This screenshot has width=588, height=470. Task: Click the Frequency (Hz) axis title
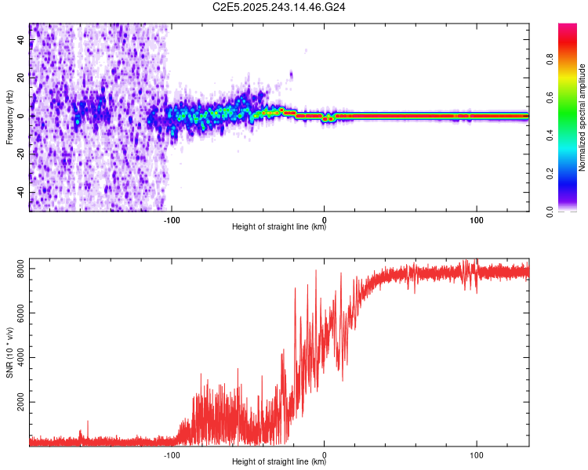pyautogui.click(x=9, y=117)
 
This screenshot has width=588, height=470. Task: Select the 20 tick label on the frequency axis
pyautogui.click(x=21, y=78)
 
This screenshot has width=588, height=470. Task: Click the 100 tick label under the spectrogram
pyautogui.click(x=476, y=219)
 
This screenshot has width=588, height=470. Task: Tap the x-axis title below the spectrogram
pyautogui.click(x=279, y=228)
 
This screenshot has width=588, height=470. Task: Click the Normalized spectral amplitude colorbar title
pyautogui.click(x=583, y=117)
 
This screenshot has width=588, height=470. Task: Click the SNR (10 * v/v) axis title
pyautogui.click(x=9, y=352)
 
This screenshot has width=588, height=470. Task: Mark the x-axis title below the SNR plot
pyautogui.click(x=279, y=462)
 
